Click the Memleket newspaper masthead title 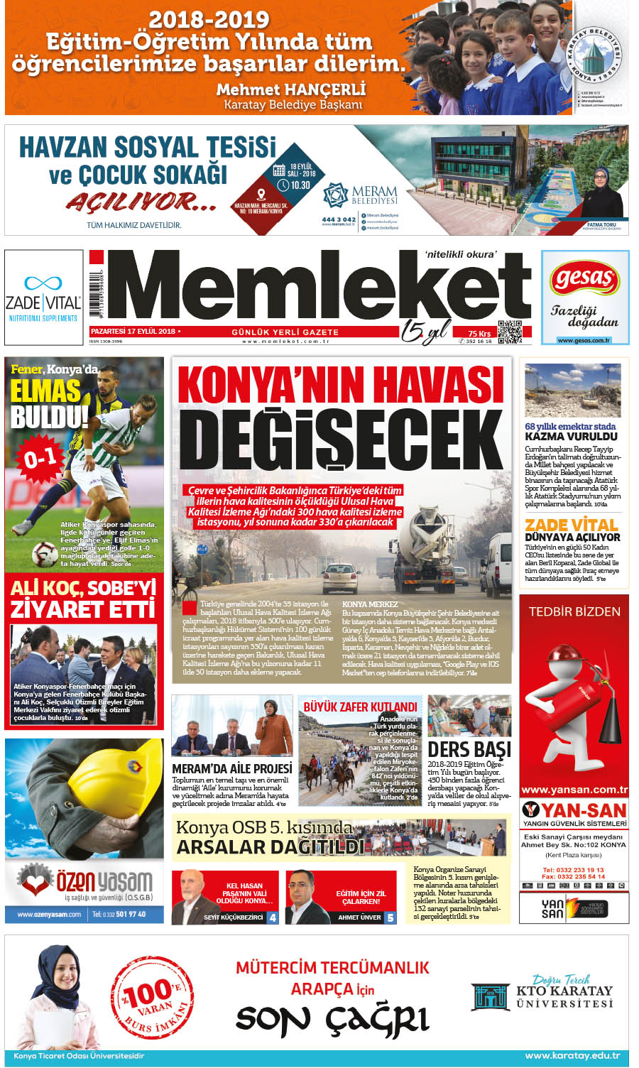click(x=319, y=287)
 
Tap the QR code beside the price click(x=510, y=332)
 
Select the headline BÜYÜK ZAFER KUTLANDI click(x=360, y=707)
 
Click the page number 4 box click(x=272, y=917)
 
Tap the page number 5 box click(x=390, y=917)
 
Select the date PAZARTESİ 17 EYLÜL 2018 click(x=133, y=332)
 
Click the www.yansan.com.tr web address click(x=574, y=790)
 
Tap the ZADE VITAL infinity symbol click(x=43, y=283)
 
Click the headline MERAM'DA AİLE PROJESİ click(x=232, y=768)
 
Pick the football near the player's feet click(x=44, y=552)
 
